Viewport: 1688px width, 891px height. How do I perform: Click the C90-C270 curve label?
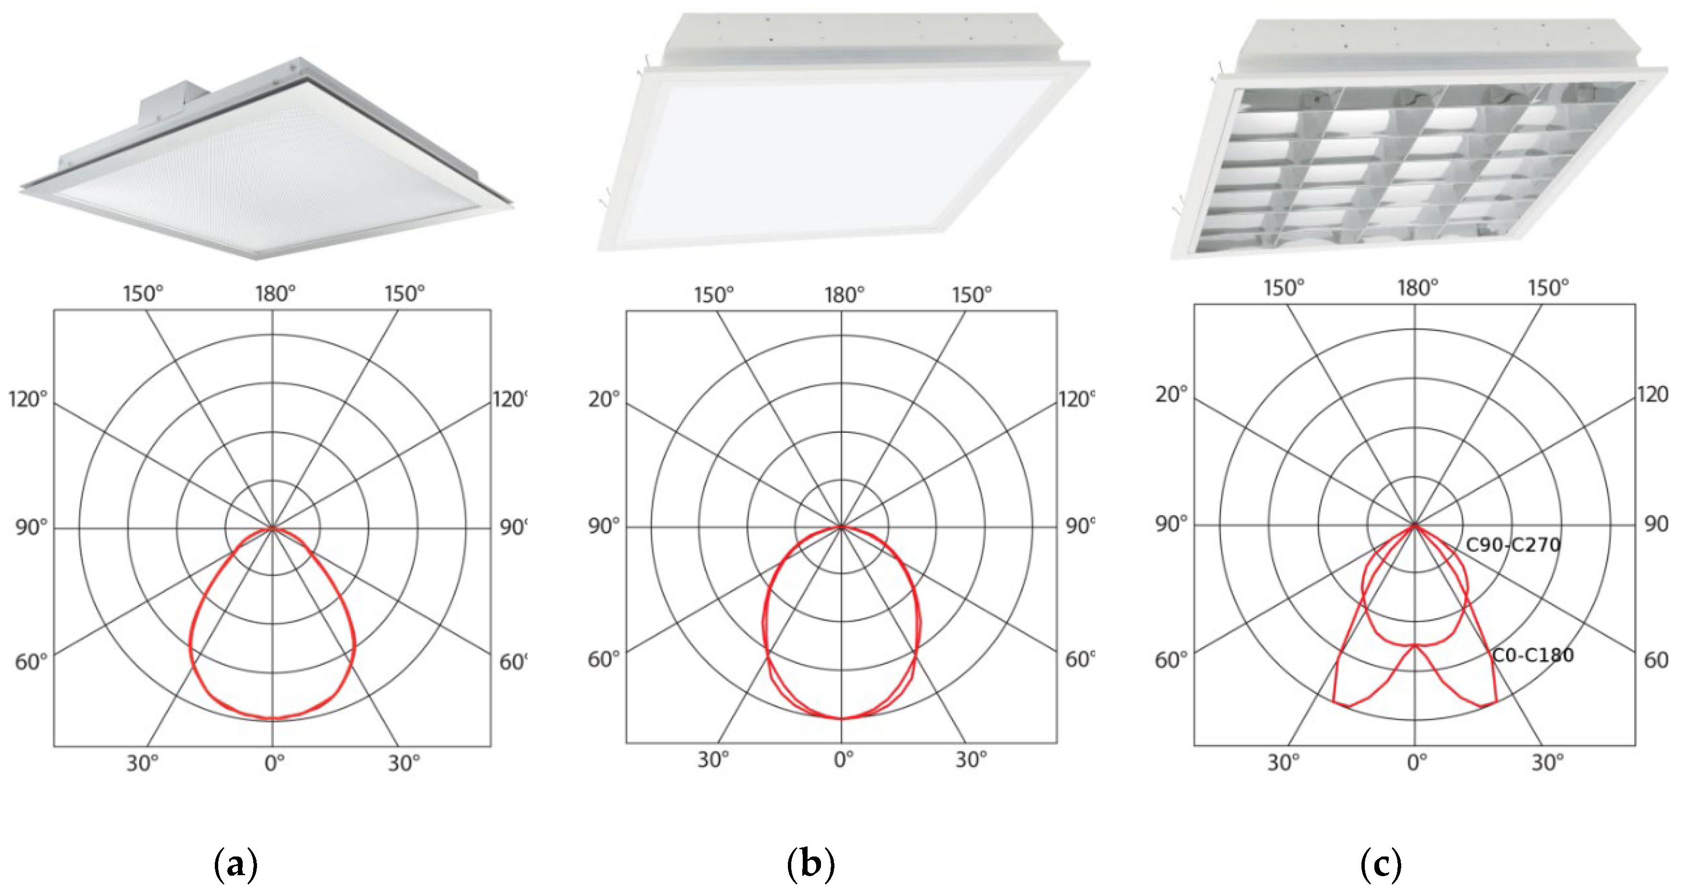[x=1512, y=545]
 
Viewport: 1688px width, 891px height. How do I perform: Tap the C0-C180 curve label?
[x=1532, y=655]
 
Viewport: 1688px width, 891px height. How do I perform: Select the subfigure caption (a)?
[x=236, y=865]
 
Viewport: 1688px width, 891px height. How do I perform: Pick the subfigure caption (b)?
[x=810, y=865]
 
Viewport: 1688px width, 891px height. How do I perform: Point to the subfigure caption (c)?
[x=1381, y=865]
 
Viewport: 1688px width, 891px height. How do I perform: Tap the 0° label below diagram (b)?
[x=844, y=760]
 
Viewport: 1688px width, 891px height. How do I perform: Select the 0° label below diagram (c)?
[x=1417, y=763]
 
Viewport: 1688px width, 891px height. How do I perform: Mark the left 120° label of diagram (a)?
[x=27, y=398]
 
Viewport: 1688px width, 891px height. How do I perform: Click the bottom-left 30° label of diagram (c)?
[x=1282, y=763]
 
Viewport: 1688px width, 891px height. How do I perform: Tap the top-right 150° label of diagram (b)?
[x=971, y=295]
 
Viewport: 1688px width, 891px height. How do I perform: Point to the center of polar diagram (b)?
[x=842, y=526]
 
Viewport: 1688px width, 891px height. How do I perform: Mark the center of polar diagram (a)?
[x=272, y=528]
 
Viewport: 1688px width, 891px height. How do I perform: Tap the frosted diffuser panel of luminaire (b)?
[x=819, y=157]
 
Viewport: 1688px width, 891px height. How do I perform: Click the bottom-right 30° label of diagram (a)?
[x=403, y=763]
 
